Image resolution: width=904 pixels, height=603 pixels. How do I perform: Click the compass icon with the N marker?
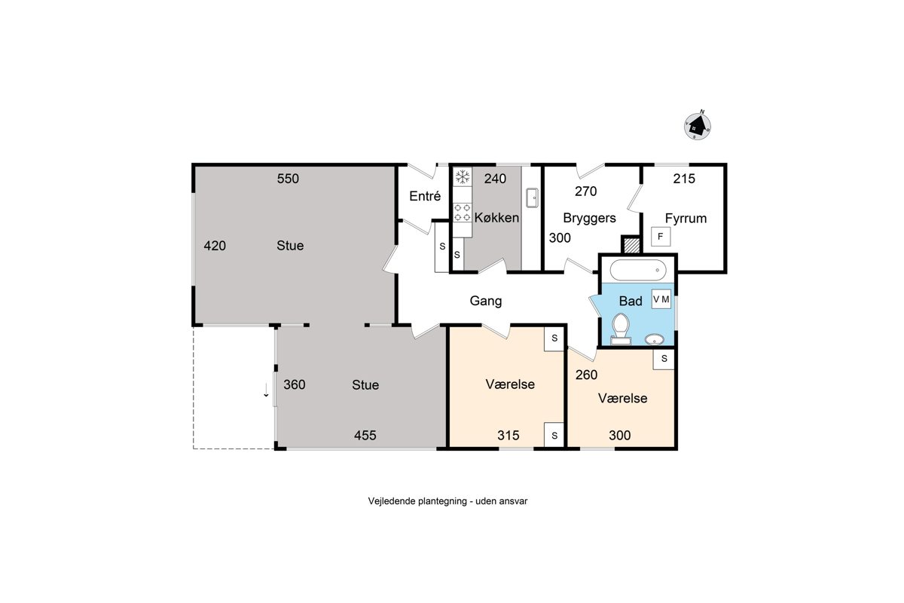point(698,126)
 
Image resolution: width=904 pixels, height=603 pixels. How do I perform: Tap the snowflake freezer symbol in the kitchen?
point(463,177)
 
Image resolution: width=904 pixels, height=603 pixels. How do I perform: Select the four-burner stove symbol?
point(463,213)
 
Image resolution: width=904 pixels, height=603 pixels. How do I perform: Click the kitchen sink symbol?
point(532,198)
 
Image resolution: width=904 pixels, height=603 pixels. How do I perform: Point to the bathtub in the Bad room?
point(637,270)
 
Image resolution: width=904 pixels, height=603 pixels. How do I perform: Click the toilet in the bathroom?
point(621,329)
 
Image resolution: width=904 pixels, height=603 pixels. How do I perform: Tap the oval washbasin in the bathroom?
point(654,339)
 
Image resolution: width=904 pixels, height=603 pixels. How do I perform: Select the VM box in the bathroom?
point(661,299)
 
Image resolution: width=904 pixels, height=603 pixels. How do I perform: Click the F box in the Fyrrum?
point(661,237)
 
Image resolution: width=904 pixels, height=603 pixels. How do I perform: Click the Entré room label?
point(425,196)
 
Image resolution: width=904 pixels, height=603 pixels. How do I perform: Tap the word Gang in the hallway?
point(486,301)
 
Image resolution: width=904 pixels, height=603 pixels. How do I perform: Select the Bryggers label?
point(589,219)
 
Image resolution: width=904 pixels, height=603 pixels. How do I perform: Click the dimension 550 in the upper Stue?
point(288,179)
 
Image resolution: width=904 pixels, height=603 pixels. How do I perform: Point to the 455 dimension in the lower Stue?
point(365,436)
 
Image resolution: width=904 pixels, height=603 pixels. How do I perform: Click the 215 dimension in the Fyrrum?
point(684,179)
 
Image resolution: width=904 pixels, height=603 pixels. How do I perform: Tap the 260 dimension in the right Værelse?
point(586,375)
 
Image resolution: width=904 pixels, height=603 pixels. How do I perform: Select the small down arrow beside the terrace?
point(266,390)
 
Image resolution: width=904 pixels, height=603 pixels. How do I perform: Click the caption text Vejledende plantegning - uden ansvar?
point(447,501)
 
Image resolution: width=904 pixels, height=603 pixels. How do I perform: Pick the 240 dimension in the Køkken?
point(495,179)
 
